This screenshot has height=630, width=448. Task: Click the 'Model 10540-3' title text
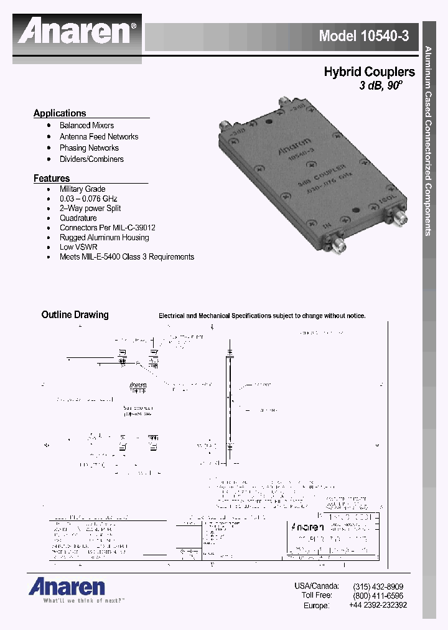point(364,36)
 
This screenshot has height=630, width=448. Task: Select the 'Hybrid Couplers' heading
point(369,72)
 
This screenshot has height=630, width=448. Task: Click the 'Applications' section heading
point(60,113)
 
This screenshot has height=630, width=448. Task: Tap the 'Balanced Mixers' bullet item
point(86,126)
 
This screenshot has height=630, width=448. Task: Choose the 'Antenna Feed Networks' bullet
point(99,137)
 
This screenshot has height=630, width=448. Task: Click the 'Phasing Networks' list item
point(89,148)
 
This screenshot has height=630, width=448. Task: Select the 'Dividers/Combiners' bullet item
point(91,159)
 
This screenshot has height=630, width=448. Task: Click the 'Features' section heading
point(52,179)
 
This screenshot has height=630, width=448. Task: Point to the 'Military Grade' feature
point(82,189)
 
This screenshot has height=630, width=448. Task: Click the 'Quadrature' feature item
point(78,219)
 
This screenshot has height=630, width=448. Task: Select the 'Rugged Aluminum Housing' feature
point(104,238)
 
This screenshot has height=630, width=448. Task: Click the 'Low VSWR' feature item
point(78,247)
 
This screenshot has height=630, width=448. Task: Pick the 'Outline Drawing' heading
point(75,315)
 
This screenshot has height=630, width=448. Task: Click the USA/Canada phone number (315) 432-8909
point(378,586)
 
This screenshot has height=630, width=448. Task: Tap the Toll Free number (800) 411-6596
point(378,596)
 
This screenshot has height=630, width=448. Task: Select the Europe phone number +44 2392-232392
point(378,605)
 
